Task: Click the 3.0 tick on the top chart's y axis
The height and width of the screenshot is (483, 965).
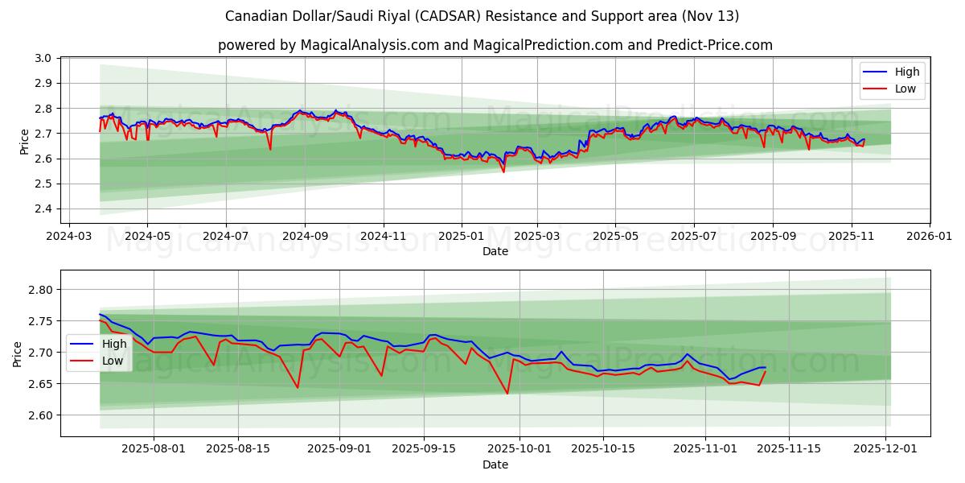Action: pyautogui.click(x=44, y=58)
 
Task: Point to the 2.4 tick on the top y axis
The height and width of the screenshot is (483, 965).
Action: pyautogui.click(x=44, y=209)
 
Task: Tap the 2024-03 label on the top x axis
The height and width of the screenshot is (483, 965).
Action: pyautogui.click(x=68, y=237)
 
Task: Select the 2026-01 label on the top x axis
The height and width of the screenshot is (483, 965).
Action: pyautogui.click(x=930, y=237)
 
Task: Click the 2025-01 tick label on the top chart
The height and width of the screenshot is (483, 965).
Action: pyautogui.click(x=462, y=237)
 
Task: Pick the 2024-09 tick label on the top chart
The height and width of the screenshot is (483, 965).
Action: pyautogui.click(x=305, y=237)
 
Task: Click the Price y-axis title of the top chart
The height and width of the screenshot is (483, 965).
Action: pyautogui.click(x=24, y=141)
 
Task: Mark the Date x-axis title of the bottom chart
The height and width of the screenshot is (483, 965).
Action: pyautogui.click(x=495, y=464)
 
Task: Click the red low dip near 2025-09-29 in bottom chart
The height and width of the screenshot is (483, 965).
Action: pyautogui.click(x=507, y=393)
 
